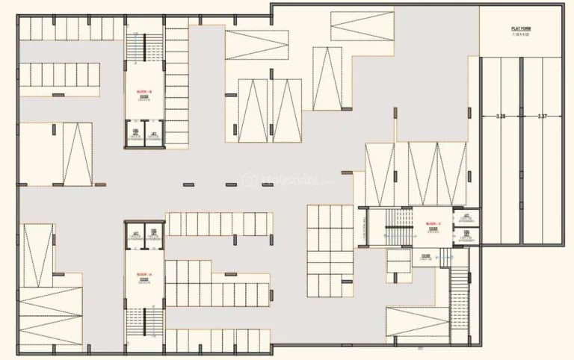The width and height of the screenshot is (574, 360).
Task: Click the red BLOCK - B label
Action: coord(144,92)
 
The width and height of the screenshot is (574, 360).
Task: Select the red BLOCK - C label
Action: coord(433,224)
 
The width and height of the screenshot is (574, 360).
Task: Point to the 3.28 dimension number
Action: coord(501,116)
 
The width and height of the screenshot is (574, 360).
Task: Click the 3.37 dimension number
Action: coord(543,116)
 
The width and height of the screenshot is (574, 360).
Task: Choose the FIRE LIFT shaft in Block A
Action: coord(136,235)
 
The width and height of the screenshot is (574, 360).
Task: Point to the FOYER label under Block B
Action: coord(144,97)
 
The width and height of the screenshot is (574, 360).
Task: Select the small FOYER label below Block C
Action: coord(425,256)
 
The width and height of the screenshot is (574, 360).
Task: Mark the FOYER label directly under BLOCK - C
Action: coord(433,229)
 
